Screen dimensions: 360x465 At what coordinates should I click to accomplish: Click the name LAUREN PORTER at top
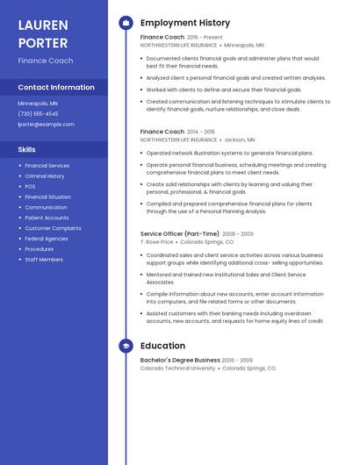coord(43,34)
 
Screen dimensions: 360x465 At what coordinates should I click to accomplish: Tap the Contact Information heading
coord(56,87)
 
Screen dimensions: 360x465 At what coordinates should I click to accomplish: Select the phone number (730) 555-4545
coord(38,114)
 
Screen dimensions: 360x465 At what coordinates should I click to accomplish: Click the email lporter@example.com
coord(46,125)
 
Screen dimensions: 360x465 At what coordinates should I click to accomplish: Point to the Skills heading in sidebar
coord(27,149)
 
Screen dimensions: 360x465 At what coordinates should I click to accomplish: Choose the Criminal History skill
coord(45,176)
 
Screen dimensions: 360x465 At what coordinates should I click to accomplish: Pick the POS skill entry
coord(30,187)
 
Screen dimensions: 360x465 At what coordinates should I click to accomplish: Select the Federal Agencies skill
coord(47,239)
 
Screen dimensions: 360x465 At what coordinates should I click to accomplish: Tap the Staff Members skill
coord(44,260)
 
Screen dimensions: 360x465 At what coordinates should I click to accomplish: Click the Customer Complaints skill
coord(53,228)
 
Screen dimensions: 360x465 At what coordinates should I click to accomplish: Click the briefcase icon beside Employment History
coord(126,23)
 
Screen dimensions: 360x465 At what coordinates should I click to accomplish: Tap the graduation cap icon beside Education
coord(126,347)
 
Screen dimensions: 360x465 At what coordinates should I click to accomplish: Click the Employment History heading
coord(185,23)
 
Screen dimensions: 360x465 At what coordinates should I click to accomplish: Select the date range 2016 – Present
coord(205,38)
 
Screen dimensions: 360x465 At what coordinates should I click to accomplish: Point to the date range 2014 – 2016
coord(201,132)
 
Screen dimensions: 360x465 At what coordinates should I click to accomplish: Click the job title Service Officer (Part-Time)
coord(179,234)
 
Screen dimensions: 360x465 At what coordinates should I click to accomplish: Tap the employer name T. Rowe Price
coord(157,242)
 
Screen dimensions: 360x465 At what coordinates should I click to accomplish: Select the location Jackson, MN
coord(240,139)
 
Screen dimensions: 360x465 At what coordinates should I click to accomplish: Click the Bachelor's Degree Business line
coord(180,360)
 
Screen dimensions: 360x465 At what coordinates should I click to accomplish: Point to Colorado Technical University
coord(177,368)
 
